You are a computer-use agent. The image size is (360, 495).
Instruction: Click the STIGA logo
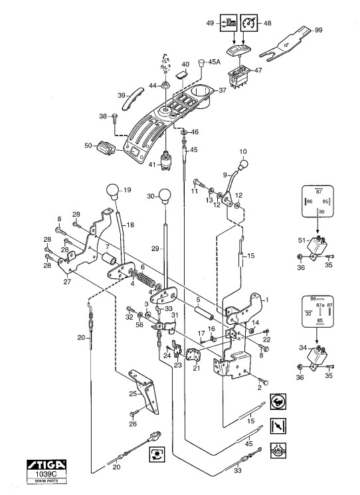click(46, 464)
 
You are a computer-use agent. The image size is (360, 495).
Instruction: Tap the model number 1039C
click(46, 474)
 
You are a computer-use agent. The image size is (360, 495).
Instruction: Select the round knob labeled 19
click(113, 191)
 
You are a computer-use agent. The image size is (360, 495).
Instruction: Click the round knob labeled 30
click(165, 196)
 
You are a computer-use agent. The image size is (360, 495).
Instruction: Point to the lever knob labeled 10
click(244, 164)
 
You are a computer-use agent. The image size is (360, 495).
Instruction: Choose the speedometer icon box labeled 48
click(249, 23)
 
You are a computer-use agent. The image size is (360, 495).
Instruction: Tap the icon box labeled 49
click(228, 23)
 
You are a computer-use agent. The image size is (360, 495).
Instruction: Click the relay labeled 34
click(316, 356)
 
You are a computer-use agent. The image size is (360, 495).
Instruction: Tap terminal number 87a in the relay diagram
click(320, 305)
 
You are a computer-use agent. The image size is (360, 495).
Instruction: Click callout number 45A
click(214, 62)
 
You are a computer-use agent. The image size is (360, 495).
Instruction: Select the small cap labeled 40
click(181, 75)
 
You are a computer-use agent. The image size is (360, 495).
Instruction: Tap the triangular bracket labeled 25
click(145, 391)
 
